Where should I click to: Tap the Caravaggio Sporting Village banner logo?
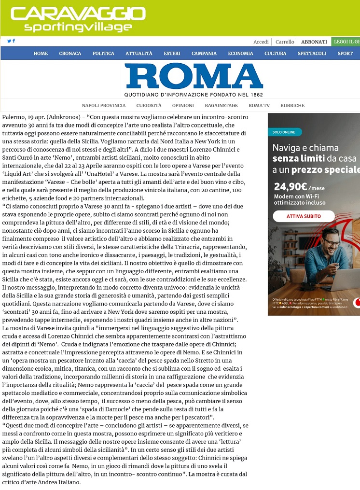(78, 19)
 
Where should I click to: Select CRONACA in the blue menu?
(70, 54)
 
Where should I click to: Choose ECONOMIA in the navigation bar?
(240, 54)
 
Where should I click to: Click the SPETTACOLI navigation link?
(312, 54)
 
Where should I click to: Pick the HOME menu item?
(41, 54)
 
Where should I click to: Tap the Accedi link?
(261, 42)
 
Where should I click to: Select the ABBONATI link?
(314, 42)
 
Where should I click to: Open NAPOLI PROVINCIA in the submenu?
(103, 105)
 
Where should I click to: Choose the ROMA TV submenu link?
(259, 105)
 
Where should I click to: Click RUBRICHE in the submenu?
(292, 105)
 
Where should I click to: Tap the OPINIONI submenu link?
(183, 105)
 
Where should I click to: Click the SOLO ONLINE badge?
(285, 132)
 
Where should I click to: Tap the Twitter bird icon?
(9, 41)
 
